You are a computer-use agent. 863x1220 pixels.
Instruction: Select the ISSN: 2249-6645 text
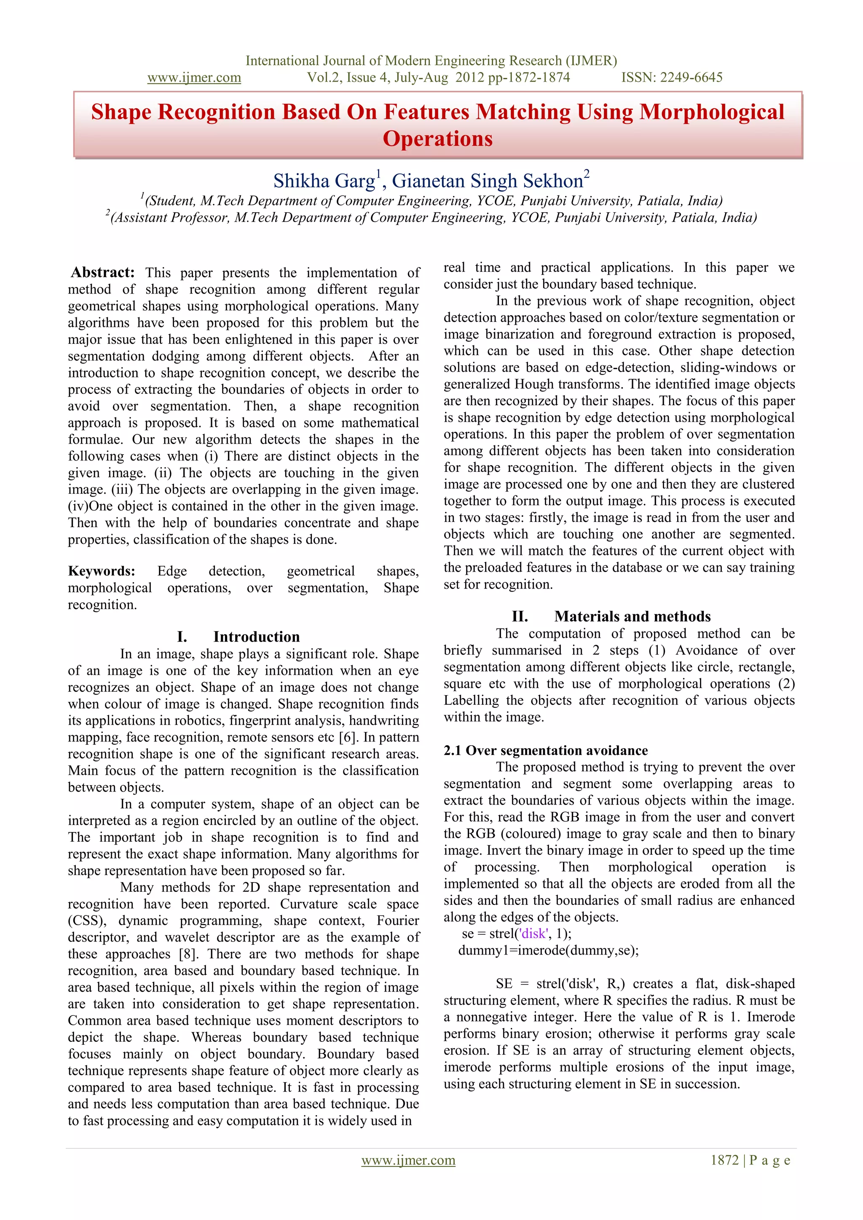pos(672,78)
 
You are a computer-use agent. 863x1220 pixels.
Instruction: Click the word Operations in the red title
pos(437,139)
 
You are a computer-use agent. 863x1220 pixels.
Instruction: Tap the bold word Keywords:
pos(102,571)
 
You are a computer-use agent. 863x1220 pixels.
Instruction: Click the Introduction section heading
pos(256,637)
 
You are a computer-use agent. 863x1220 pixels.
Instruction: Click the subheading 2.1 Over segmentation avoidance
pos(546,750)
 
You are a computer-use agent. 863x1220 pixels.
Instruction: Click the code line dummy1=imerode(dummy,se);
pos(548,950)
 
